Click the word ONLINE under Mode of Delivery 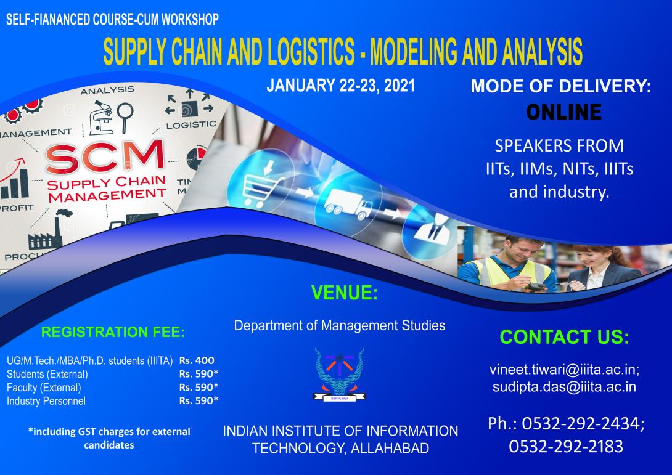click(563, 112)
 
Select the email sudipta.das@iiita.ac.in click(563, 387)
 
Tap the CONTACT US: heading click(563, 337)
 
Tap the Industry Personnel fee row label click(46, 401)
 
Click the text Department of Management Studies click(340, 325)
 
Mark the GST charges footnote click(109, 437)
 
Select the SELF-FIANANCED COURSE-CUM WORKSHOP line click(112, 18)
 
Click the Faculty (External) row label click(44, 388)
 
